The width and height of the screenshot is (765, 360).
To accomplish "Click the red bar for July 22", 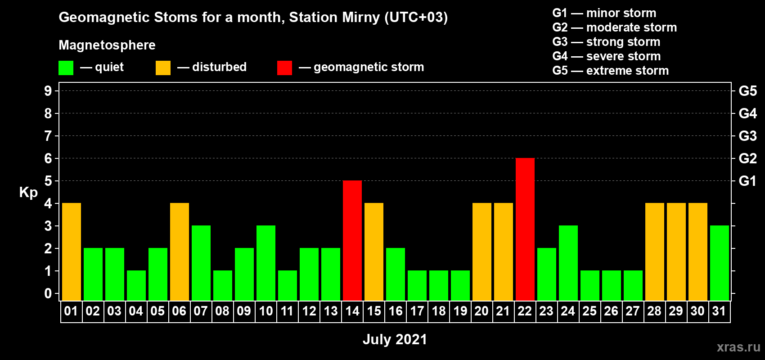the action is (x=525, y=229).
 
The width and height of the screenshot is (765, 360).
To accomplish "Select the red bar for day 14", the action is (x=352, y=240).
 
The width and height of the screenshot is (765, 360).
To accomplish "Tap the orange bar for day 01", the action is (x=72, y=252).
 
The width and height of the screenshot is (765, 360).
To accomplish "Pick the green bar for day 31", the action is (x=719, y=263).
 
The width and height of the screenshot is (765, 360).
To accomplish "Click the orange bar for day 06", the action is (x=179, y=252).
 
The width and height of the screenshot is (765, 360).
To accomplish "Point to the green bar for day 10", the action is (x=265, y=263).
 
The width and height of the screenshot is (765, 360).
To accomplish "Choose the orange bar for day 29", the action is (x=676, y=252).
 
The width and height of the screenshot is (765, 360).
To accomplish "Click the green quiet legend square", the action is (x=66, y=67).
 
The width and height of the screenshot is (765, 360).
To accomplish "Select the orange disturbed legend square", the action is (x=163, y=67).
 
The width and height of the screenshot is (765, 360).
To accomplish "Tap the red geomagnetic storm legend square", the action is (x=284, y=67).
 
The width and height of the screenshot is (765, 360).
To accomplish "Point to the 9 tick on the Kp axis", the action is (x=48, y=91).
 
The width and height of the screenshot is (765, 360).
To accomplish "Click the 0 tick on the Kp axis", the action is (x=48, y=293).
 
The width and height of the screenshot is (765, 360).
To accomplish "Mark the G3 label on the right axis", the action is (x=747, y=136).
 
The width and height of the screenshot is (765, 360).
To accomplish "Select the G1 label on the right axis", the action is (x=747, y=181).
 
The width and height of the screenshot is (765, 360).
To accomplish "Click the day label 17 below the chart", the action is (x=417, y=311).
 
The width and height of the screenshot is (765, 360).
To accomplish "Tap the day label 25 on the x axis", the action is (x=589, y=311).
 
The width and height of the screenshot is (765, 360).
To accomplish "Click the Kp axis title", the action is (x=28, y=193).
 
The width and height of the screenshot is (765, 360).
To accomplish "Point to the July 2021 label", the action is (x=395, y=339).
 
